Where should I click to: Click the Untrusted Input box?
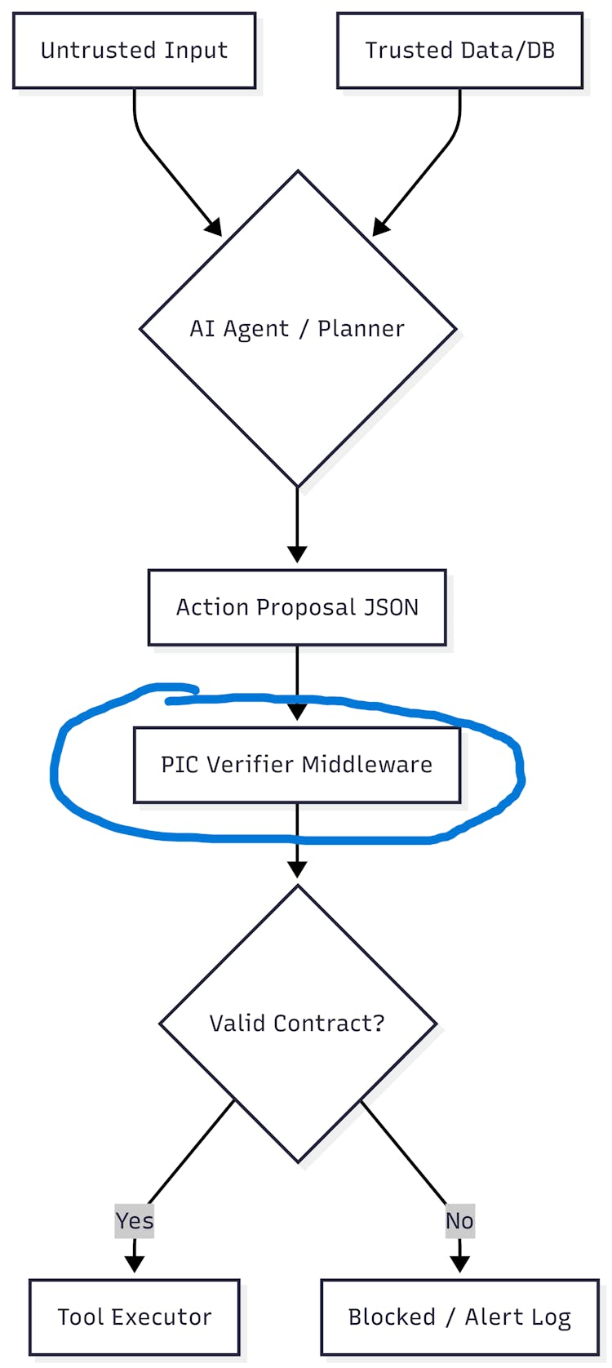(134, 51)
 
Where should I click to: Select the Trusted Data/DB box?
(459, 51)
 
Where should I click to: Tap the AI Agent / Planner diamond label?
(297, 328)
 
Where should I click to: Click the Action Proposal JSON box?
(297, 607)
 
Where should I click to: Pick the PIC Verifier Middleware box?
(297, 765)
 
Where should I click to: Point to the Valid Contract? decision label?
(297, 1024)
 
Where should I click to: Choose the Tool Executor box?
(134, 1317)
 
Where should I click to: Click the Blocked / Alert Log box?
(459, 1317)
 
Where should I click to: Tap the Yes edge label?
(135, 1221)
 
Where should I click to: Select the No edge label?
(459, 1221)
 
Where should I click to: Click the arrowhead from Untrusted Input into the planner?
(215, 229)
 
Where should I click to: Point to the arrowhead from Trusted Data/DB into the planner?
(380, 229)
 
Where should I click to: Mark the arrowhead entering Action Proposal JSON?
(297, 554)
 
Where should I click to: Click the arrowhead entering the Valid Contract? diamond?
(297, 869)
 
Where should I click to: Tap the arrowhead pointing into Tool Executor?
(135, 1264)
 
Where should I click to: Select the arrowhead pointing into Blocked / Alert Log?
(459, 1264)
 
